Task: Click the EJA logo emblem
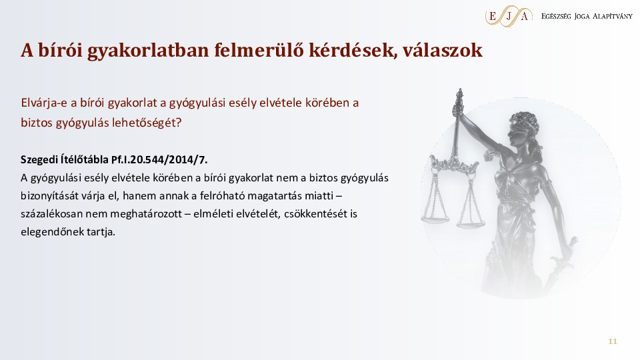tap(509, 15)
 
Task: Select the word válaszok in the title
tap(446, 51)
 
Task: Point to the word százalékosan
tap(51, 214)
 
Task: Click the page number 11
tap(613, 342)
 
